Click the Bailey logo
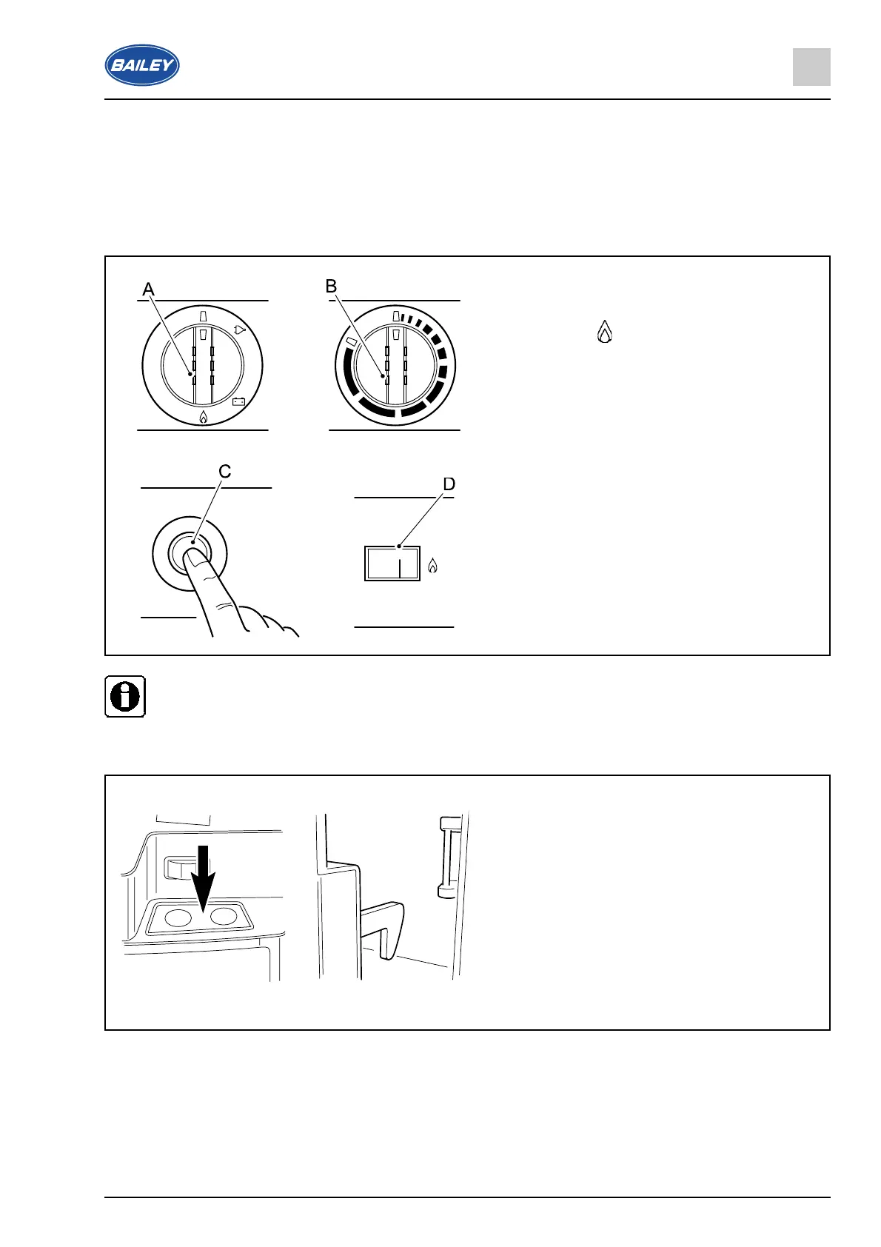coord(141,65)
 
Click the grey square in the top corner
coord(811,67)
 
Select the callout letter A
coord(149,290)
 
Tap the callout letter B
coord(332,287)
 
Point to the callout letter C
coord(225,472)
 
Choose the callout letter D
coord(449,484)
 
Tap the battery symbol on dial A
coord(239,402)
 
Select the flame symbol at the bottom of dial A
coord(203,418)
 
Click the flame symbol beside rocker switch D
coord(433,566)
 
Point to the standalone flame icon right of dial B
coord(605,332)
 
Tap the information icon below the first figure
coord(125,696)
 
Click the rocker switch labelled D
coord(392,564)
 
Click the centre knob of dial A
coord(202,365)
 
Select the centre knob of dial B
coord(395,365)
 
